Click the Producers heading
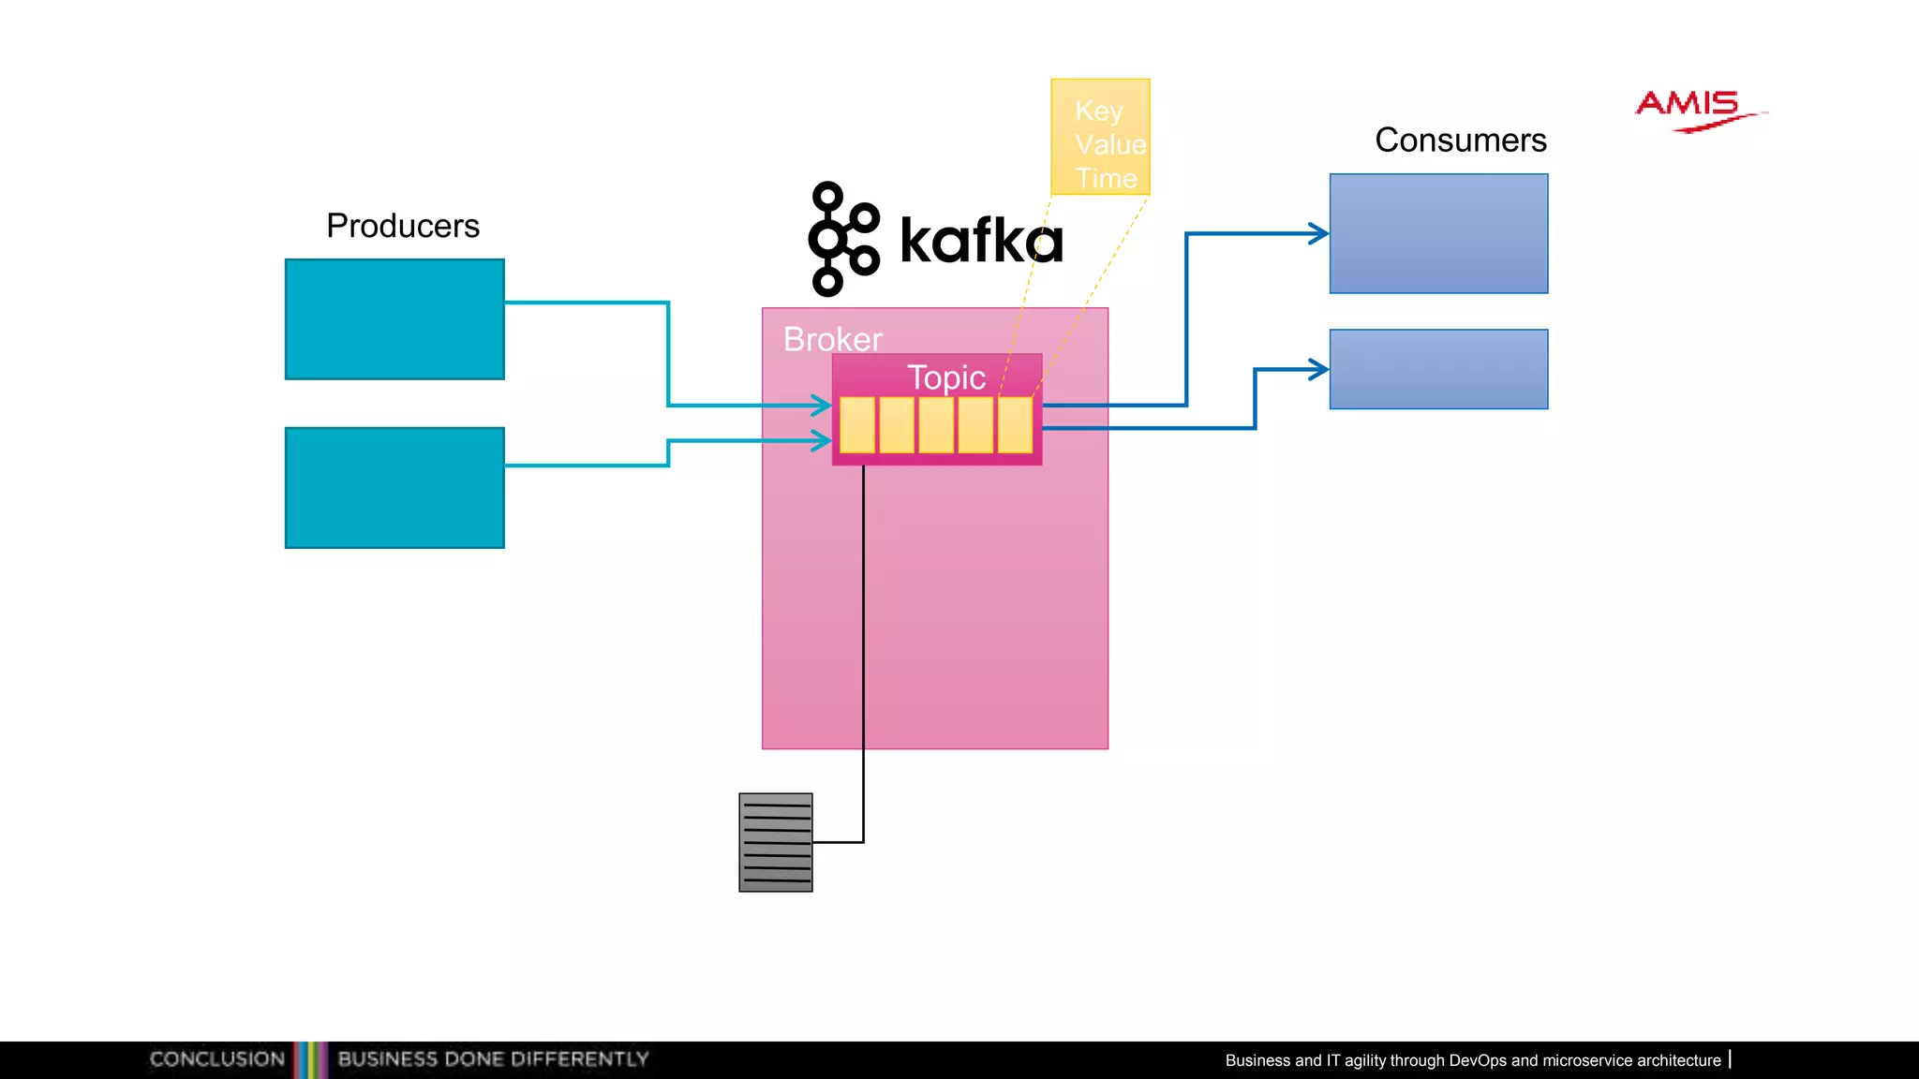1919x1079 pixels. (x=403, y=226)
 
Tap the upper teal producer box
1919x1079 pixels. (x=394, y=319)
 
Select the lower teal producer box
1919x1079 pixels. (x=394, y=488)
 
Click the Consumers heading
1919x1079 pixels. (x=1460, y=140)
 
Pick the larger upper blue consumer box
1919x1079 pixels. (x=1438, y=234)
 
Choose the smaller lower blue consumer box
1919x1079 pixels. (x=1438, y=369)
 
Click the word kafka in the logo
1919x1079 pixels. (x=981, y=241)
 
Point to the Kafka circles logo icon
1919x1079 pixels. (x=841, y=240)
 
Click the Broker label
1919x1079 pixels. (x=832, y=339)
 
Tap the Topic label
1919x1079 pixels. (x=945, y=377)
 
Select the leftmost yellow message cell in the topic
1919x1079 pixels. (x=857, y=425)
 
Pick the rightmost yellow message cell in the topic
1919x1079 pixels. (x=1015, y=425)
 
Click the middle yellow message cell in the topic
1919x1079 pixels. (x=936, y=425)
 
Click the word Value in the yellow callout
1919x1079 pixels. (x=1110, y=145)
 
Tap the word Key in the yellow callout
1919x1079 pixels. (x=1098, y=111)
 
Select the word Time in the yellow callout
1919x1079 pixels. (x=1106, y=178)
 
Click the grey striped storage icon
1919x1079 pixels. (x=775, y=842)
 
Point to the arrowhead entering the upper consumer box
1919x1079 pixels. (x=1319, y=233)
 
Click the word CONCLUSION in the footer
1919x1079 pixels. (x=217, y=1059)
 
